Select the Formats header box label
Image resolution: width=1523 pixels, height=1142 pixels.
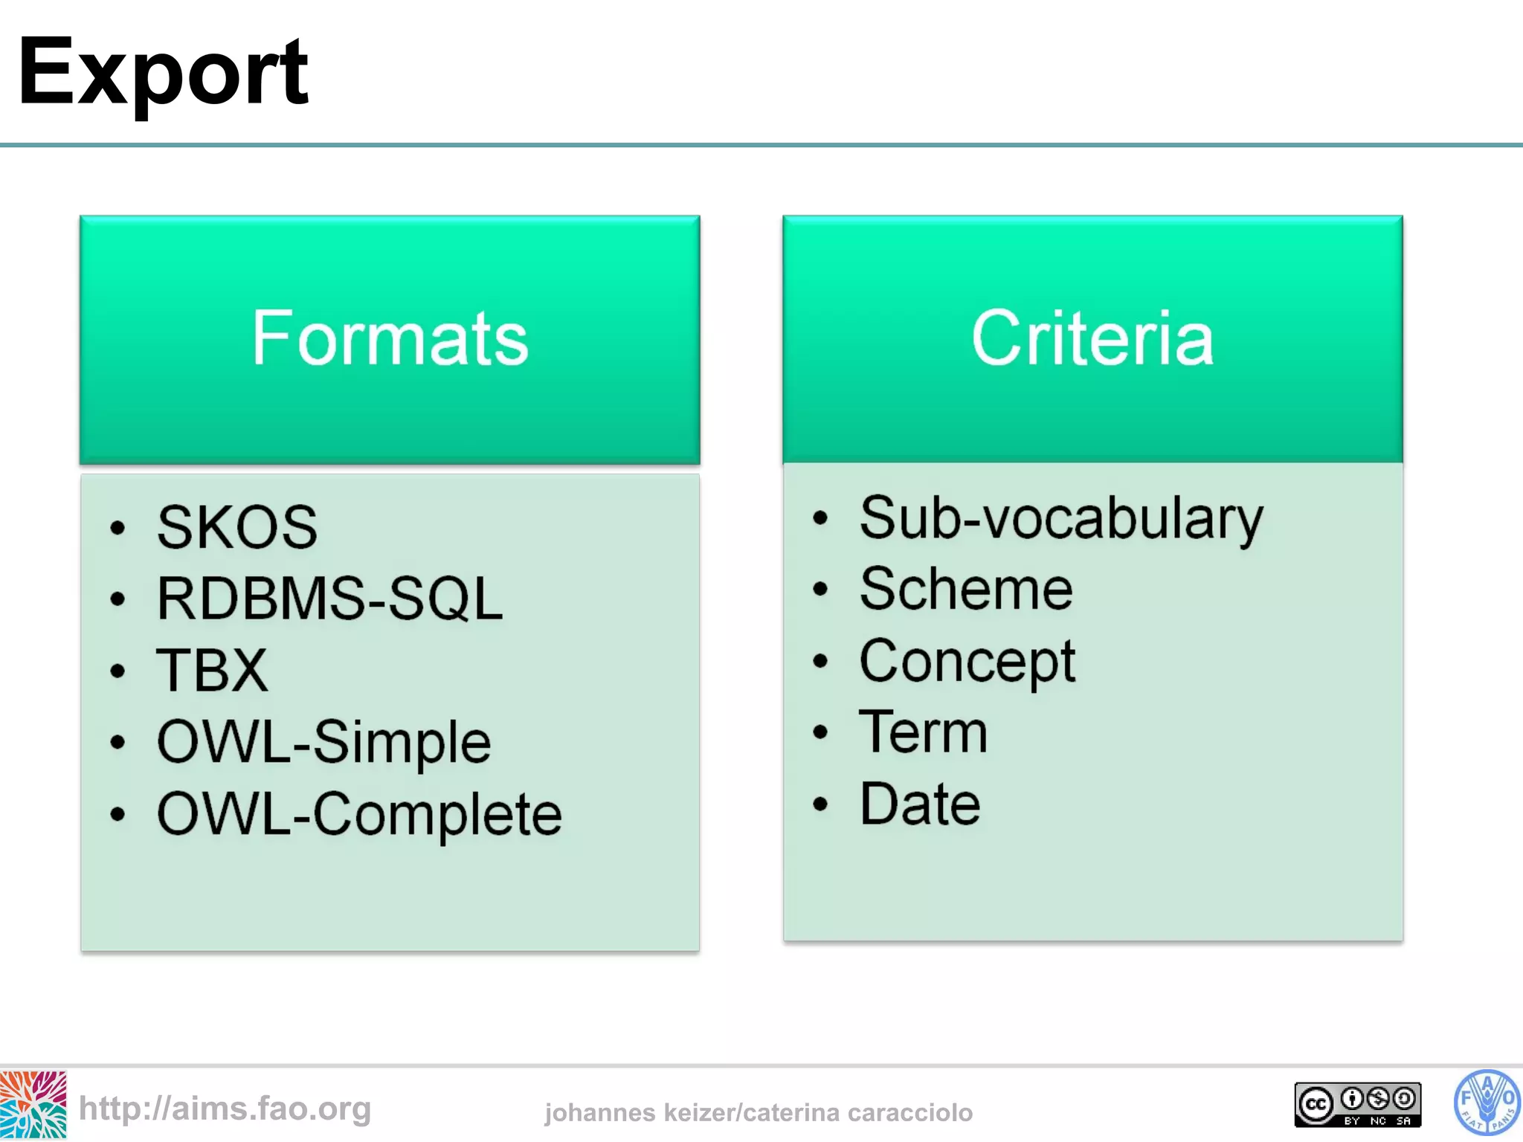click(390, 339)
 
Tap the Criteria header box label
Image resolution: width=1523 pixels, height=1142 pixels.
click(1092, 339)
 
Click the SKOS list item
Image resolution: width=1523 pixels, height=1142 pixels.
click(237, 527)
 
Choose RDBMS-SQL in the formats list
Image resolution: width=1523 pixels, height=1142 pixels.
click(329, 599)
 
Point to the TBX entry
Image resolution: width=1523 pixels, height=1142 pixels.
click(212, 670)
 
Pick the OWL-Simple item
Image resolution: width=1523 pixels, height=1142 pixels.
click(323, 742)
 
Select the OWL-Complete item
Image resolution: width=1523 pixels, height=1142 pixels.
click(359, 814)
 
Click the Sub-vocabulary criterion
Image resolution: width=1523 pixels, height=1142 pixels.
click(1061, 518)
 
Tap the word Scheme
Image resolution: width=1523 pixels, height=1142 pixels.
click(966, 589)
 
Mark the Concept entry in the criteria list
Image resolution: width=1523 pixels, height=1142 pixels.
click(967, 661)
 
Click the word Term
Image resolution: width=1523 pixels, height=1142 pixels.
click(923, 732)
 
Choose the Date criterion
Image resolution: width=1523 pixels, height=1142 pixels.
click(920, 804)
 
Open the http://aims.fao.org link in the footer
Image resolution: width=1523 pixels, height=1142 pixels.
click(225, 1109)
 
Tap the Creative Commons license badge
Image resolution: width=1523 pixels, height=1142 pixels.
click(1357, 1105)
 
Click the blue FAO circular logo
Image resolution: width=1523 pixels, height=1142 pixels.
click(1486, 1103)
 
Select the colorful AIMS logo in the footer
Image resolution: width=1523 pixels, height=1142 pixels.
click(33, 1105)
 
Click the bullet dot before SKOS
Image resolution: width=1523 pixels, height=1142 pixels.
click(117, 528)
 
